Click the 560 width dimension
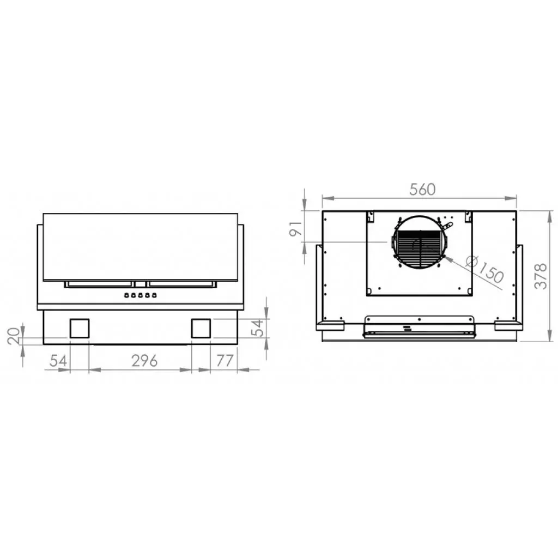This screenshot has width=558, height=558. (422, 190)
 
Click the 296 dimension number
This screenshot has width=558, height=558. (140, 361)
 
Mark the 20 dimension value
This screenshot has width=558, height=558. (14, 335)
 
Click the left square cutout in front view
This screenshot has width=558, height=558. (79, 328)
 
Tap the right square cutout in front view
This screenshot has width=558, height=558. (201, 328)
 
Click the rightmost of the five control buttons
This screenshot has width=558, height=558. (155, 295)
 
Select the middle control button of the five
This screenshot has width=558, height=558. (141, 295)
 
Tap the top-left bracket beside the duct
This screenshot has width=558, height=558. (371, 216)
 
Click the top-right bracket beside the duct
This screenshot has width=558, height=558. (468, 216)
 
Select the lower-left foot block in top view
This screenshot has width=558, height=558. (330, 326)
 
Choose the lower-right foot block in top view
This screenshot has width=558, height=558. (508, 326)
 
